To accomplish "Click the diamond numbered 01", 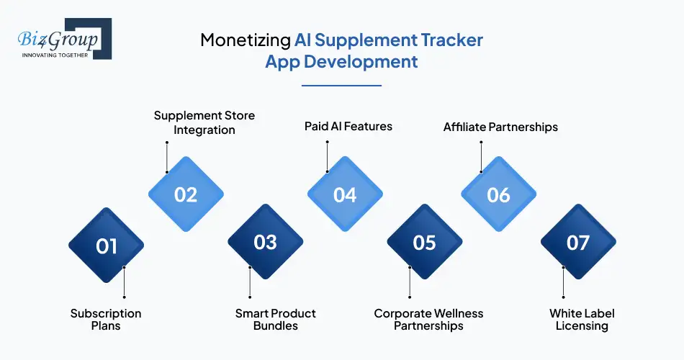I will [106, 246].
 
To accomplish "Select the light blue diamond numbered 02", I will [186, 194].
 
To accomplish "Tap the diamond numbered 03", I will [266, 243].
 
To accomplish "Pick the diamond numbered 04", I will [345, 194].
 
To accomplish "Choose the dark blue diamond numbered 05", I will [425, 243].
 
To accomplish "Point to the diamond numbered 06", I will [498, 194].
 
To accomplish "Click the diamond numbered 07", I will [578, 243].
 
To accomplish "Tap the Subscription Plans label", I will [106, 320].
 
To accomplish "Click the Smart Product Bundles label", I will [276, 320].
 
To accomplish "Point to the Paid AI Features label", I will [348, 126].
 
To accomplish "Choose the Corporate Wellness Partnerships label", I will [428, 320].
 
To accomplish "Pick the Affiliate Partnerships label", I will [500, 127].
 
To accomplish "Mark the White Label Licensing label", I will [582, 320].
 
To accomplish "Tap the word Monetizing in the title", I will [244, 40].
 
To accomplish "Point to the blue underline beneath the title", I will [341, 85].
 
